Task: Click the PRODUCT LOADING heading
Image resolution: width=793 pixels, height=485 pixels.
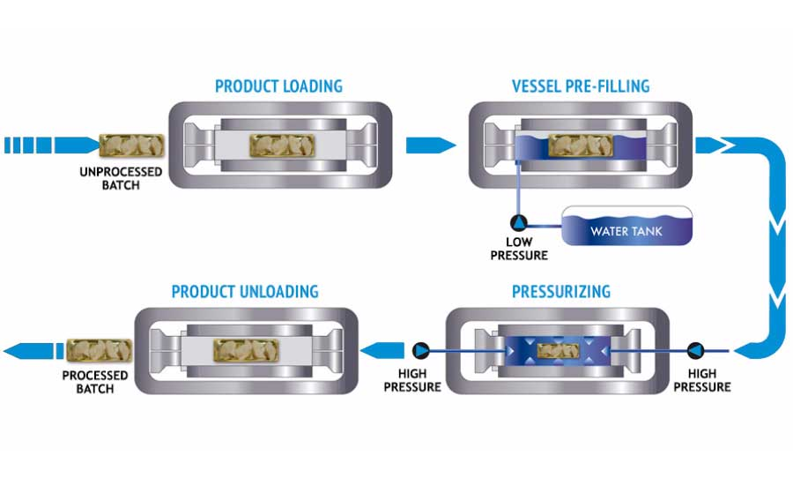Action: [278, 86]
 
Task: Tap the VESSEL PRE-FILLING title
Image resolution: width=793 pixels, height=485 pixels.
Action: [581, 86]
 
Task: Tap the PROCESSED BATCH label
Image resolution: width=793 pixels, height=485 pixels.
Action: [95, 382]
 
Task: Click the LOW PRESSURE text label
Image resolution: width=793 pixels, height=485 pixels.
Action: [526, 248]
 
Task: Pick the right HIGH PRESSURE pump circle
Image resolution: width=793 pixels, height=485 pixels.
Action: [696, 349]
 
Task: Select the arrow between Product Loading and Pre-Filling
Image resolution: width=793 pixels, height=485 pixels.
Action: [432, 145]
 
